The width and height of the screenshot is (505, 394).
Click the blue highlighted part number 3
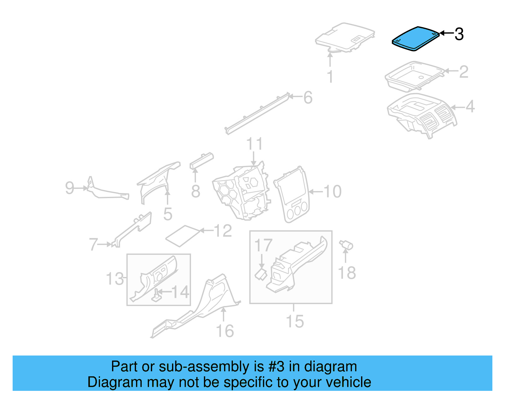415,38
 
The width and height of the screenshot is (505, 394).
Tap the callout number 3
459,34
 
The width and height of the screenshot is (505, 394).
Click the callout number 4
470,107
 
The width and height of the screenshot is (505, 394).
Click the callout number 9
69,188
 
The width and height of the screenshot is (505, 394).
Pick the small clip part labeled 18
346,245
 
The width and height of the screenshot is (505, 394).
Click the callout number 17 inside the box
263,245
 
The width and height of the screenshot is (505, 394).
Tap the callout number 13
115,279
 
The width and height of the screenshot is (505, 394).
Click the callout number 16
225,331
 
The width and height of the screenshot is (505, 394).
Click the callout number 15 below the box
294,321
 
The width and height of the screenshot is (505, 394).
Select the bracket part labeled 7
133,229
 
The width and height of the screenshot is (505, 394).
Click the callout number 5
168,214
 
